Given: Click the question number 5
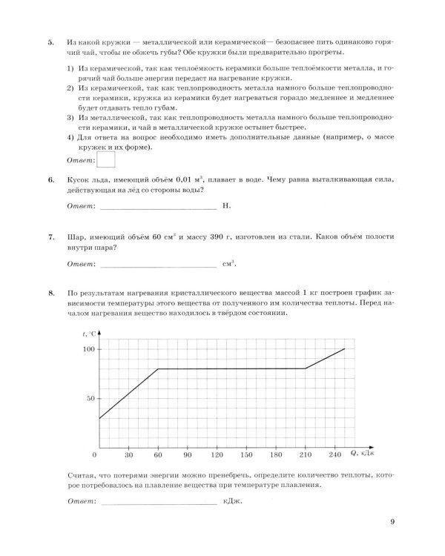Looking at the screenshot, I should [50, 42].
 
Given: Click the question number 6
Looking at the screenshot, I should [50, 180].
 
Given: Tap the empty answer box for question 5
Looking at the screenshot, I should [107, 159].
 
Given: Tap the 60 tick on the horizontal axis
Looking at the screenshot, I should [158, 454].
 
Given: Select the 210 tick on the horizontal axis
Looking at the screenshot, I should [305, 454].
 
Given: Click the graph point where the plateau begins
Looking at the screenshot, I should [158, 368].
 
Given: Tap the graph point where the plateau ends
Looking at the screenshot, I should [305, 368].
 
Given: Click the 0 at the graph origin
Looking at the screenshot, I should [94, 454].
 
